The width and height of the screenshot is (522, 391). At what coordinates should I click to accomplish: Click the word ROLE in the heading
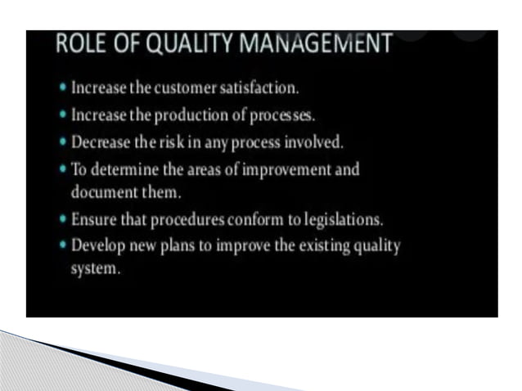79,47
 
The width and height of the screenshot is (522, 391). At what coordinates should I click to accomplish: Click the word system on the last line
95,268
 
